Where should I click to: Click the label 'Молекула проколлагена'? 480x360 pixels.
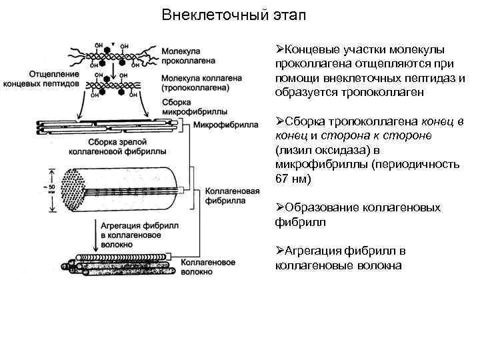click(189, 55)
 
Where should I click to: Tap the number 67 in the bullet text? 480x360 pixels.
click(281, 180)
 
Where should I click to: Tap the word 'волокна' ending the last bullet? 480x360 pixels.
click(380, 265)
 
